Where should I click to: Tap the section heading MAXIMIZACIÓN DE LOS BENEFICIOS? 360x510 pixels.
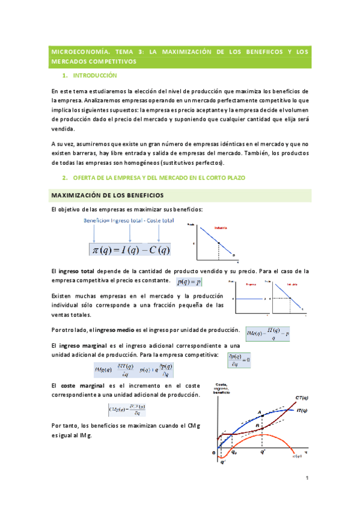[x=107, y=196]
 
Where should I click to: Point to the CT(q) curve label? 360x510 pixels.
[x=302, y=397]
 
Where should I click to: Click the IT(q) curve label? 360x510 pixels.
[x=302, y=410]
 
